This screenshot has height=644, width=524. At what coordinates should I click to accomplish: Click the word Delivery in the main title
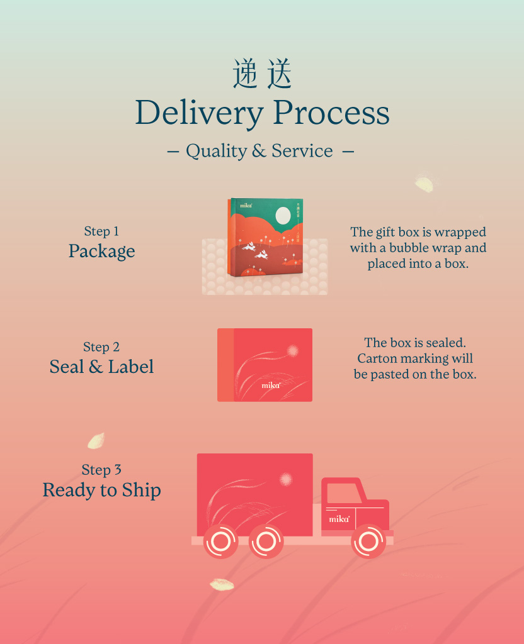click(200, 113)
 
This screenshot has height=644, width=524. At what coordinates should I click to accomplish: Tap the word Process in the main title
click(331, 112)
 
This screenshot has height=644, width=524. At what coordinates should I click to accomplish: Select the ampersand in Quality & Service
click(259, 151)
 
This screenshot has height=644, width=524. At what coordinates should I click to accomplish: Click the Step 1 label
click(101, 231)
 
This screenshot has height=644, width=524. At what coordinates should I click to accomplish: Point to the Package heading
click(101, 251)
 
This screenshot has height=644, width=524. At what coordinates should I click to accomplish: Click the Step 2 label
click(101, 347)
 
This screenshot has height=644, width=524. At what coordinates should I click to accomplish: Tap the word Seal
click(67, 367)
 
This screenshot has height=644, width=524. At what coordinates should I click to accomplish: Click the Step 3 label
click(101, 470)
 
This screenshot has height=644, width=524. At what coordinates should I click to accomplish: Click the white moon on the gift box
click(283, 216)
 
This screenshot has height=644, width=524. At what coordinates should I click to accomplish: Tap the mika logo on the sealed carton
click(271, 386)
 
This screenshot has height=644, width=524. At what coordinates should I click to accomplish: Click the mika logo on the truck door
click(339, 519)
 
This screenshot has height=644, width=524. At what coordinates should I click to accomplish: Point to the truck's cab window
click(344, 493)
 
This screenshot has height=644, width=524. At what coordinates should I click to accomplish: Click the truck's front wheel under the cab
click(368, 541)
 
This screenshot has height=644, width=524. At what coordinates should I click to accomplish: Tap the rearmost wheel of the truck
click(221, 541)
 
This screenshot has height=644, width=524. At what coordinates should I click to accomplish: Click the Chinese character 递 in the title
click(246, 74)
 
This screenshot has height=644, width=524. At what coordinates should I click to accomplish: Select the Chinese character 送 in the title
click(279, 74)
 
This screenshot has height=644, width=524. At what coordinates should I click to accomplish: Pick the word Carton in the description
click(377, 358)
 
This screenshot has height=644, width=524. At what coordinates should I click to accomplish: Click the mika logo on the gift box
click(246, 206)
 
